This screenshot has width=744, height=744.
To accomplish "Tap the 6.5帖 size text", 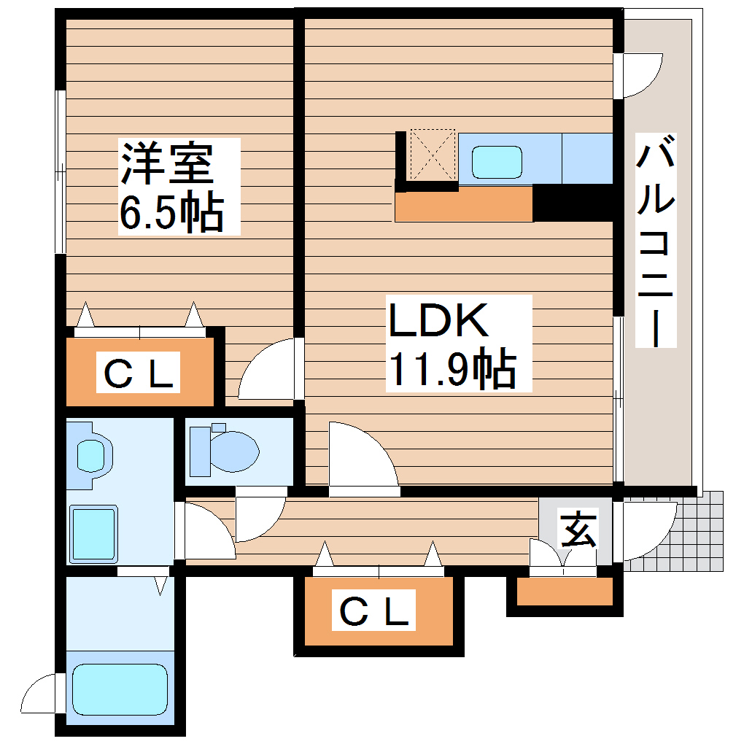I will [171, 212].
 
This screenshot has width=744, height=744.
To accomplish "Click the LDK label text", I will [438, 321].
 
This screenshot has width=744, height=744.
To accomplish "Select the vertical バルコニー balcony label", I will [656, 241].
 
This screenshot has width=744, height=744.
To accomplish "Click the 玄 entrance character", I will [578, 530].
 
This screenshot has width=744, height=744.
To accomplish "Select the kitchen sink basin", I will [497, 161].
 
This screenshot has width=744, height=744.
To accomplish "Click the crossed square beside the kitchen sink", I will [433, 155].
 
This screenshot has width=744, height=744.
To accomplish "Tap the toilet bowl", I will [226, 449].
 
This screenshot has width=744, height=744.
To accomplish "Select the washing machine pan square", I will [93, 534].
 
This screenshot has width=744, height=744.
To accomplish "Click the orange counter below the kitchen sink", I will [463, 205].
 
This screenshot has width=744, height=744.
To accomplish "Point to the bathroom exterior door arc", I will [41, 697].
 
